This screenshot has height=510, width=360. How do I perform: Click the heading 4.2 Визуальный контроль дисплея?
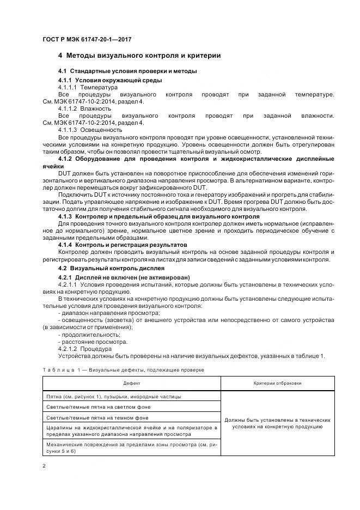(111, 269)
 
